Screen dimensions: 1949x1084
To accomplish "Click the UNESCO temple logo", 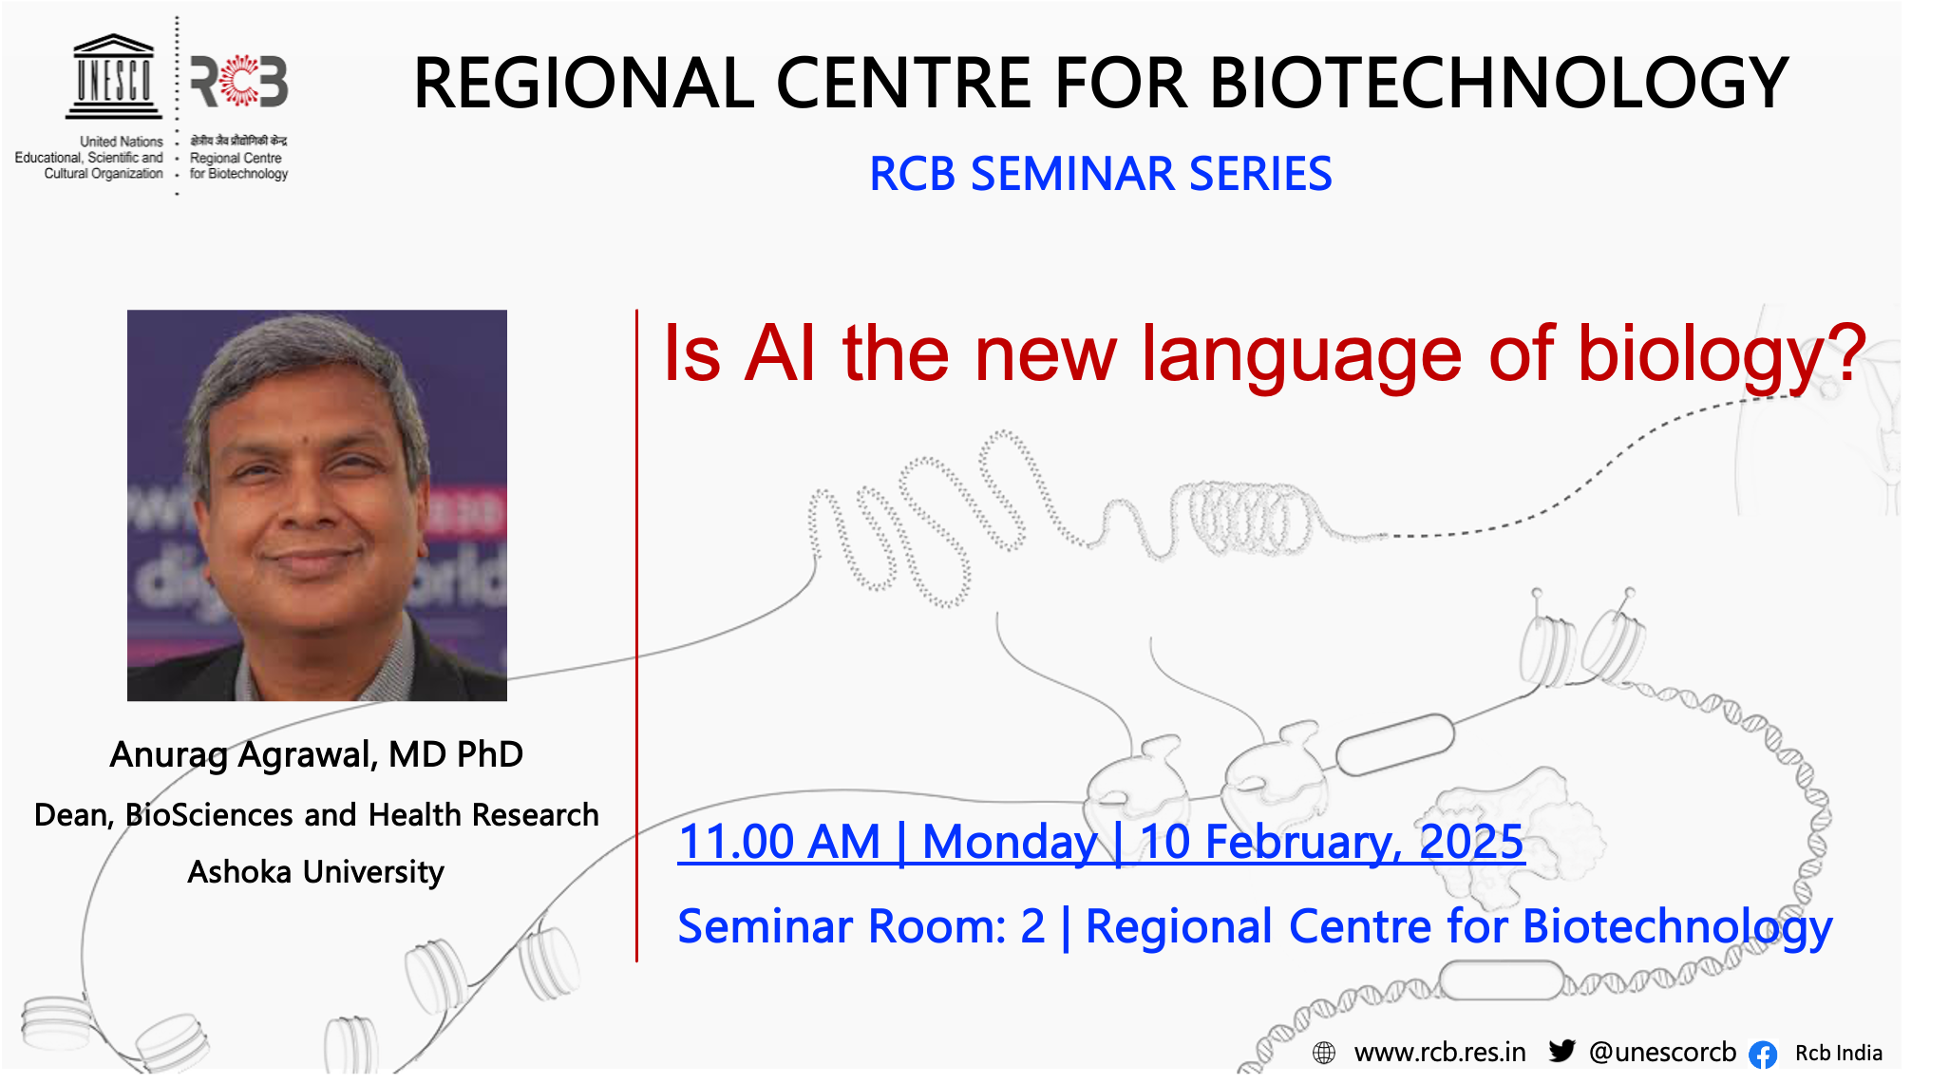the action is [x=113, y=77].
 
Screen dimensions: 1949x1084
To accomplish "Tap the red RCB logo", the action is [x=239, y=82].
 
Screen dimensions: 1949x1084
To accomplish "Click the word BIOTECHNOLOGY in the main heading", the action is [x=1500, y=83].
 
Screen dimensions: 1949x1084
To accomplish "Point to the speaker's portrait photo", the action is [x=317, y=505].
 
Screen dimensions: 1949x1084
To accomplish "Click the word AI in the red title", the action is [x=780, y=353].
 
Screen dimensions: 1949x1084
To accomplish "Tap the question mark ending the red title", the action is [x=1845, y=352].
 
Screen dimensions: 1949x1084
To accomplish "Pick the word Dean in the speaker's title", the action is [x=73, y=815].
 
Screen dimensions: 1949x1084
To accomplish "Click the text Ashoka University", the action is [x=315, y=872].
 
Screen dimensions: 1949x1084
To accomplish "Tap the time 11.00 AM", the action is [x=780, y=842].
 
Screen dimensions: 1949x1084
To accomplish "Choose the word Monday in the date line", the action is [x=1010, y=843].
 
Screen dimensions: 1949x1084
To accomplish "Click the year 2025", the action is [x=1471, y=842].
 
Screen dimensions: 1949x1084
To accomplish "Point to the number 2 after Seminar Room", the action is [x=1032, y=926].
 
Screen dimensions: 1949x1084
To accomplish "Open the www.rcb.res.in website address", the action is [x=1440, y=1053].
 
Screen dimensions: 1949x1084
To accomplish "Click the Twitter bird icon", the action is [x=1562, y=1051].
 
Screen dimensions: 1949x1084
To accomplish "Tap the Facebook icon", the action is [x=1763, y=1054].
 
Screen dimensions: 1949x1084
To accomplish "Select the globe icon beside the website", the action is [x=1324, y=1053].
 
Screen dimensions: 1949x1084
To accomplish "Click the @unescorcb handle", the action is [x=1662, y=1053].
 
